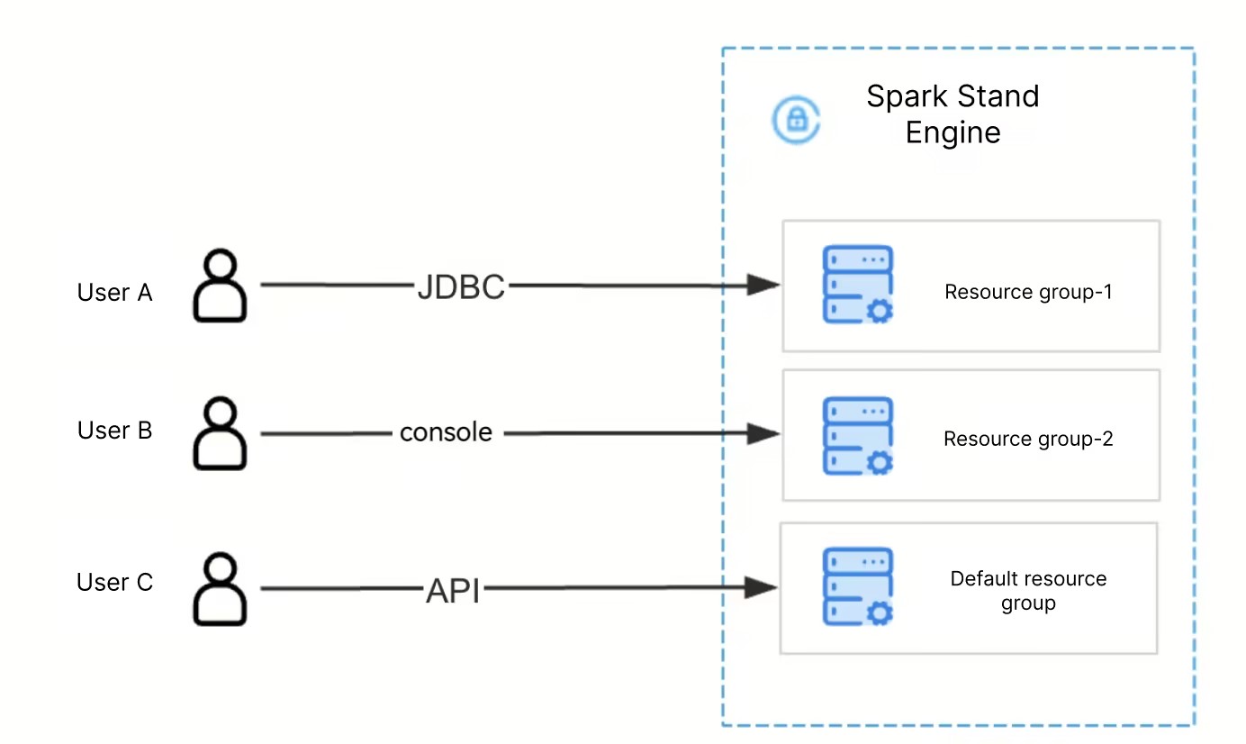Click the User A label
coord(114,293)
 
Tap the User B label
coord(114,431)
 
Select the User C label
coord(114,583)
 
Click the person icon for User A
coord(220,286)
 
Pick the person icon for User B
coord(220,433)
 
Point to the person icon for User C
coord(220,589)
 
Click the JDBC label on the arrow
coord(461,287)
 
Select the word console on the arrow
coord(446,432)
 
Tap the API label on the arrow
coord(453,592)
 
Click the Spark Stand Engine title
coord(953,114)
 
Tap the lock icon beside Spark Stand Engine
coord(796,120)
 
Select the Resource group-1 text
coord(1028,292)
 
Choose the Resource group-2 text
coord(1028,440)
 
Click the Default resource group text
coord(1028,591)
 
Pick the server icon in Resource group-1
coord(858,285)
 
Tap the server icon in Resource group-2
coord(858,436)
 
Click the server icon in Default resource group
coord(858,586)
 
